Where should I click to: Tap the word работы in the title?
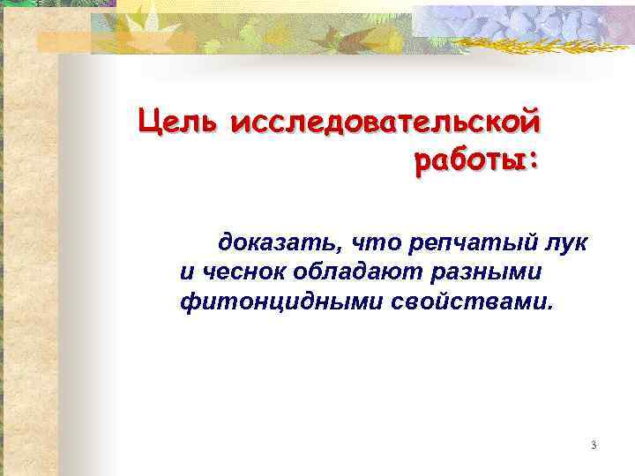coord(466,161)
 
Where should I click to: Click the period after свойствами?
coord(552,309)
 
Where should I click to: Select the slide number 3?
coord(594,445)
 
